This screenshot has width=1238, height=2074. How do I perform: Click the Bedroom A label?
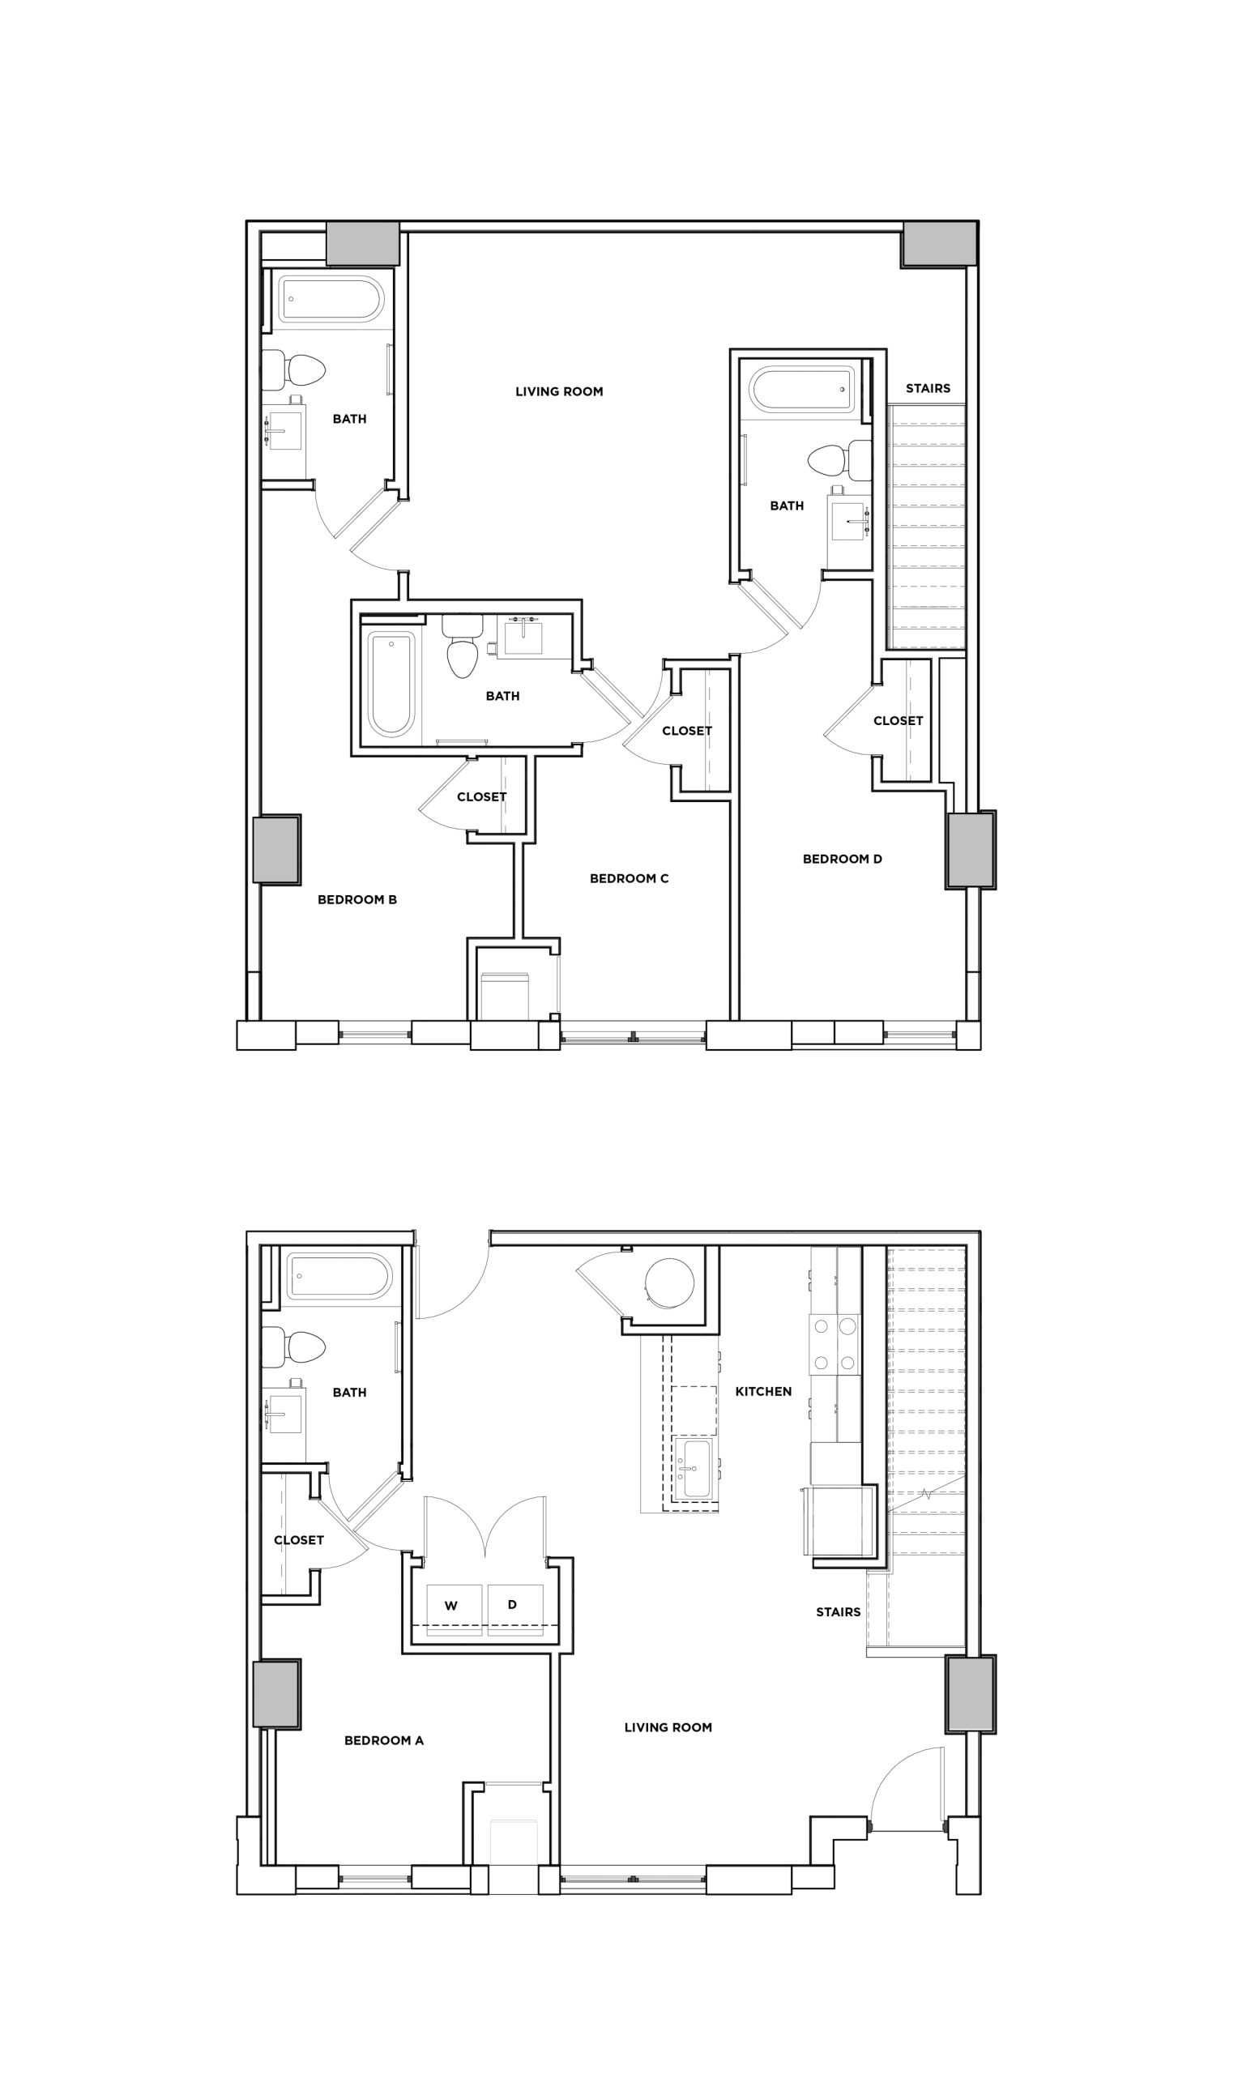(384, 1740)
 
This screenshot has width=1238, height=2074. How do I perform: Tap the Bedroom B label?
(357, 900)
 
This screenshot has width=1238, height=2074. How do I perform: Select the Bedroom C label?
(629, 878)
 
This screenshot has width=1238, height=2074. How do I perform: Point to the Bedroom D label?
(842, 859)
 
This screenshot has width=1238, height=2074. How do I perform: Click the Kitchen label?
(763, 1391)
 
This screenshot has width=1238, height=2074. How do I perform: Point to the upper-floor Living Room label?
(559, 391)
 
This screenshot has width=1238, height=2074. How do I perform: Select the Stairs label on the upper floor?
(928, 388)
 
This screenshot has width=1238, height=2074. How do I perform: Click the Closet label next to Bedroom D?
(898, 720)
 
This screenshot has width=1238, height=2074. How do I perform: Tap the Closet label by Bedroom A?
(299, 1540)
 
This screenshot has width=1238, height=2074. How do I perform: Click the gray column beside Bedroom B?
(277, 849)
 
